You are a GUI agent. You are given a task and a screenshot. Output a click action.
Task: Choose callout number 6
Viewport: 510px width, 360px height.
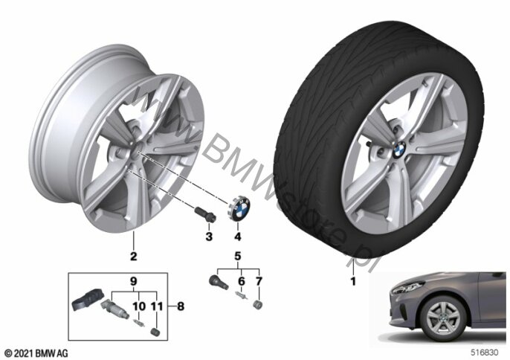(x=240, y=282)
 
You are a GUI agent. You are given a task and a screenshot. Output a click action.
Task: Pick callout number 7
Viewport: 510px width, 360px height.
(x=259, y=282)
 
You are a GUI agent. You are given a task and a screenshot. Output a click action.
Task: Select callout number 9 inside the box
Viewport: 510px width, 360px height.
(x=134, y=282)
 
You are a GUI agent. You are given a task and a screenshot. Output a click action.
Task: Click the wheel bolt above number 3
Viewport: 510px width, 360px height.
(x=204, y=212)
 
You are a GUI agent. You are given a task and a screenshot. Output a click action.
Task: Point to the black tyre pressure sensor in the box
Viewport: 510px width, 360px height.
(x=88, y=305)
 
